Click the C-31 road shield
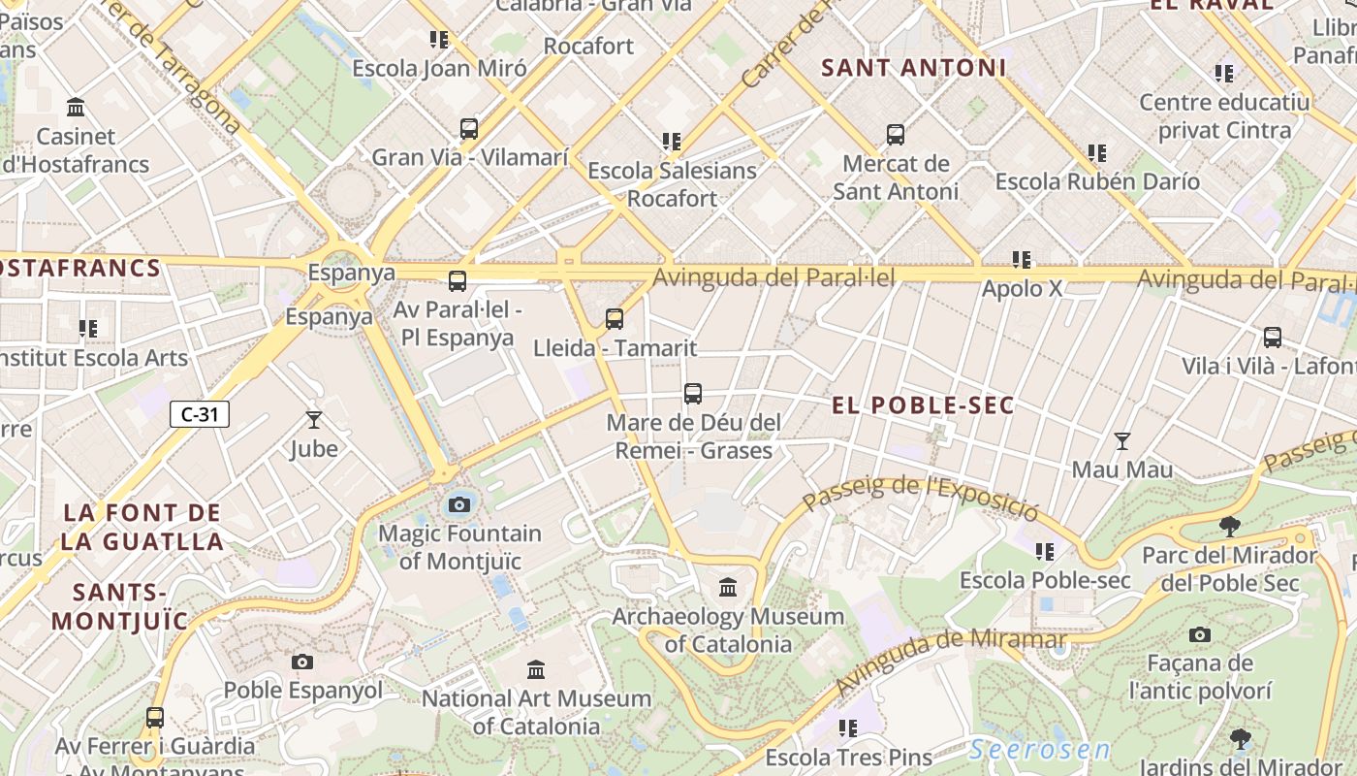200,414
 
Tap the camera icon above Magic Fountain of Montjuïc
459,504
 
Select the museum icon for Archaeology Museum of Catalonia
728,587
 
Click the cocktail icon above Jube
313,420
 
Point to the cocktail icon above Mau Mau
1122,441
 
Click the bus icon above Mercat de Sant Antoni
896,135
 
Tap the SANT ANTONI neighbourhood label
914,68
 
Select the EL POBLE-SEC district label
923,405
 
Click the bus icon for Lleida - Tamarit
614,319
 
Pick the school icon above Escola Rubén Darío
1097,153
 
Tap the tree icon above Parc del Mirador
1230,527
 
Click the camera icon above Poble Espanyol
302,662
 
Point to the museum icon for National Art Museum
536,669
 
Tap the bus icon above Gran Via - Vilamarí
469,129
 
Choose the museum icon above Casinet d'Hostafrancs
76,107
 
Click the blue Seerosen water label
1040,750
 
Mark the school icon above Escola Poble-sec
1045,552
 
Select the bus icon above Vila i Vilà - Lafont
1272,338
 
